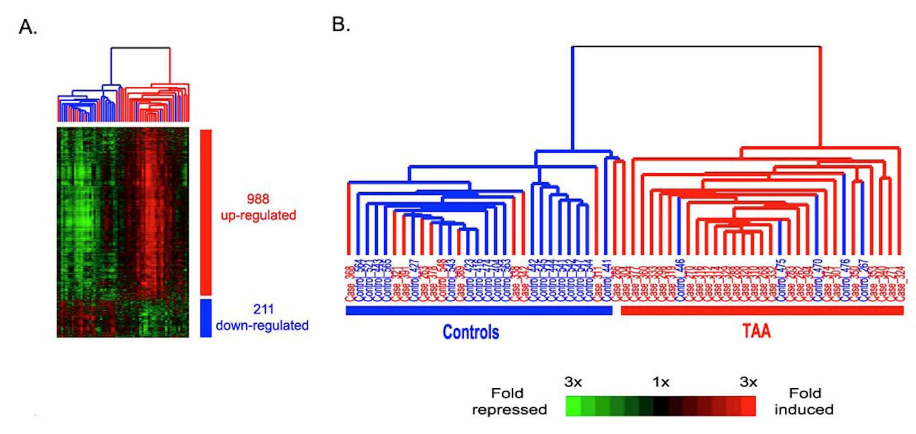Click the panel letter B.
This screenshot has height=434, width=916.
(x=340, y=25)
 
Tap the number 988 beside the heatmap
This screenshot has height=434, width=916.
(x=258, y=199)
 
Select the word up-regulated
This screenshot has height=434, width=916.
(x=258, y=215)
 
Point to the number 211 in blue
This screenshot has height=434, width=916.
(x=263, y=309)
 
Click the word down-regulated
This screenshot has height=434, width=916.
(x=262, y=325)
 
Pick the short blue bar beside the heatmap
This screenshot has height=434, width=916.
(x=206, y=318)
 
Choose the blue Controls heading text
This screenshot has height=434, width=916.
(x=470, y=332)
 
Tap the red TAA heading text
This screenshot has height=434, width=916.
(x=757, y=331)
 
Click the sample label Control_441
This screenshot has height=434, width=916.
(x=607, y=281)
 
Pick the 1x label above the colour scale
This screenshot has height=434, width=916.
(x=661, y=382)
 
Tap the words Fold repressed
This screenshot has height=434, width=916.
(x=509, y=402)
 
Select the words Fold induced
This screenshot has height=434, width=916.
(x=804, y=402)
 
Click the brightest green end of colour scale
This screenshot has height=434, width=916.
(x=573, y=406)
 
